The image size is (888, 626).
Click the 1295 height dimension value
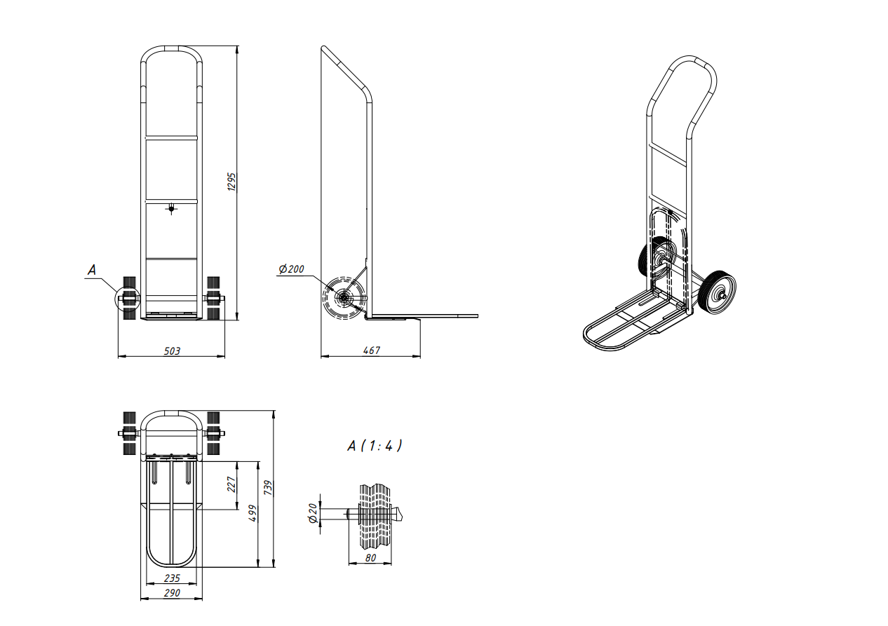[x=232, y=182]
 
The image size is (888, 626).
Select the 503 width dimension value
[x=172, y=351]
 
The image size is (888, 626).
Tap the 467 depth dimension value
[x=372, y=351]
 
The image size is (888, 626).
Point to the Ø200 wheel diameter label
[x=291, y=269]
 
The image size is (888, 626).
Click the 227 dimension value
[x=231, y=484]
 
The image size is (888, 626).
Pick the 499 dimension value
[x=253, y=513]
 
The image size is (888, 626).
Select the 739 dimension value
[x=269, y=488]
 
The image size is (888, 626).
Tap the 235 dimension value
[x=172, y=578]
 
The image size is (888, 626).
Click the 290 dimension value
[x=172, y=593]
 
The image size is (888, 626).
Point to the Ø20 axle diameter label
[x=313, y=513]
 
